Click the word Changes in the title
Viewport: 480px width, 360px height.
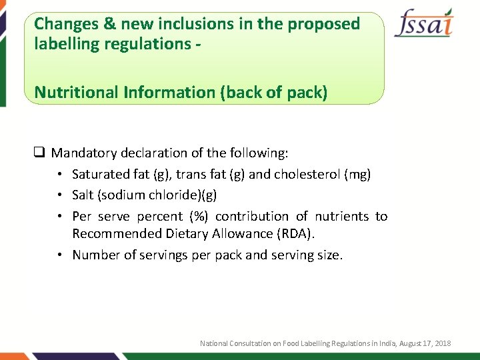[x=65, y=25]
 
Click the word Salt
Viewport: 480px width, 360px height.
[x=83, y=195]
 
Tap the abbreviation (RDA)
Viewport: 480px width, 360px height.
[x=293, y=234]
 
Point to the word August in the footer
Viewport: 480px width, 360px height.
[x=405, y=343]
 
